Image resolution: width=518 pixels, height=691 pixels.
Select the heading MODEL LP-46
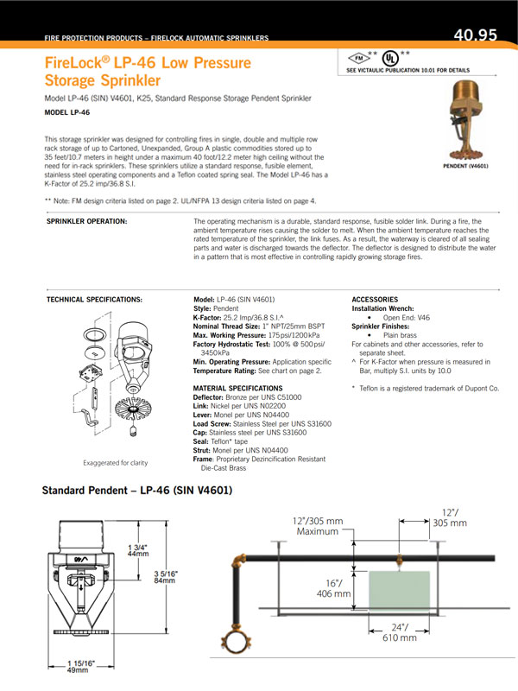coord(67,112)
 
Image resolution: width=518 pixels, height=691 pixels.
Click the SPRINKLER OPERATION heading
coord(86,222)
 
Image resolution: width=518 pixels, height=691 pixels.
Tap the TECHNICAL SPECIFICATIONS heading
coord(93,299)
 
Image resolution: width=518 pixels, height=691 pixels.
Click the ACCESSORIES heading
coord(376,299)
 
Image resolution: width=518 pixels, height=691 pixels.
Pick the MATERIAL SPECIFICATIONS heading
coord(237,388)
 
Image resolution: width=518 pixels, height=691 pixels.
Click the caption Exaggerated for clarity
coord(116,462)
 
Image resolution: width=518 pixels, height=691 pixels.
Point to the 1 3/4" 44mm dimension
coord(138,552)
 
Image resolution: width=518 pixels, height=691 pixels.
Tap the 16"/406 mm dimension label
coord(334,587)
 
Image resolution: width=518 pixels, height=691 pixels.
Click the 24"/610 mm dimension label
coord(399,633)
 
